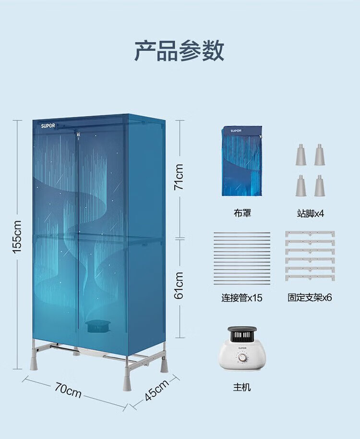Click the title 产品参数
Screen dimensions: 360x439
point(180,51)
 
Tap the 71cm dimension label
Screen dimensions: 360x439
point(179,177)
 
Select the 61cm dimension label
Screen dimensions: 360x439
point(179,285)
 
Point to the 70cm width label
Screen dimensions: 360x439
point(68,390)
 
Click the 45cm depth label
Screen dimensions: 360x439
point(156,390)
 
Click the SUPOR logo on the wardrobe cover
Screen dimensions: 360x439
point(48,126)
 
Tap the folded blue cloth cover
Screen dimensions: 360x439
point(242,161)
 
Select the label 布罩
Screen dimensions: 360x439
point(242,213)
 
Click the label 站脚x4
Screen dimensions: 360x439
point(310,213)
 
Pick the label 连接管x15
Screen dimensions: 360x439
point(242,297)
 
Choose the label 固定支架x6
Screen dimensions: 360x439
point(310,297)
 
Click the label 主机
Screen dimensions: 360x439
point(242,387)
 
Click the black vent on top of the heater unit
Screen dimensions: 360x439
point(242,335)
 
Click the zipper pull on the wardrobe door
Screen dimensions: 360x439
point(77,136)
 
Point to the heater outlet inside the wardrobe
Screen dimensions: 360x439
point(98,327)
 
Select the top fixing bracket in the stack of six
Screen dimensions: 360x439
point(310,233)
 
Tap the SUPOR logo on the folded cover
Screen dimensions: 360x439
point(236,131)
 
